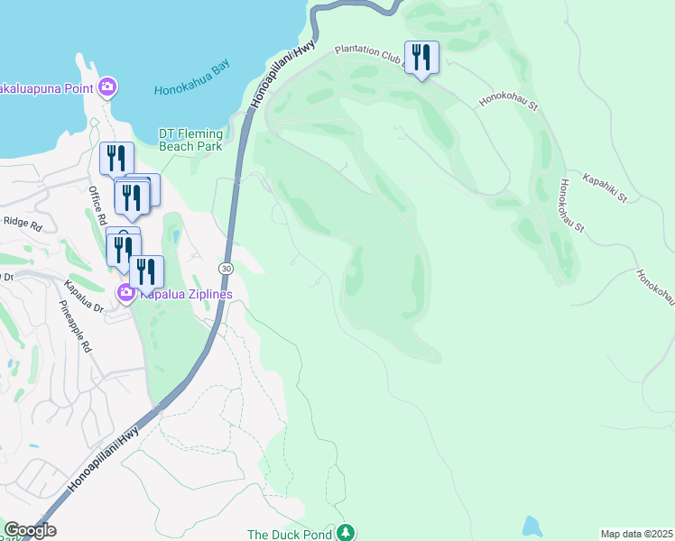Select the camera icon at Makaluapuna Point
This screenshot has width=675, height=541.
point(107,87)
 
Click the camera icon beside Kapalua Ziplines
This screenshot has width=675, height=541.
point(125,292)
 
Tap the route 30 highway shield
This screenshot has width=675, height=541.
point(226,269)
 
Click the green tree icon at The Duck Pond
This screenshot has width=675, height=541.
point(345,534)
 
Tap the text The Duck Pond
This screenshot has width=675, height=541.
point(290,534)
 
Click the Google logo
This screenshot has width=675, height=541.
point(30,530)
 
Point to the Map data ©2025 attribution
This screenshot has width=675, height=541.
point(635,534)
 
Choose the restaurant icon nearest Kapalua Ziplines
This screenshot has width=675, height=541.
point(146,271)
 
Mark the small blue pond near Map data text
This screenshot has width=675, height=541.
point(532,526)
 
